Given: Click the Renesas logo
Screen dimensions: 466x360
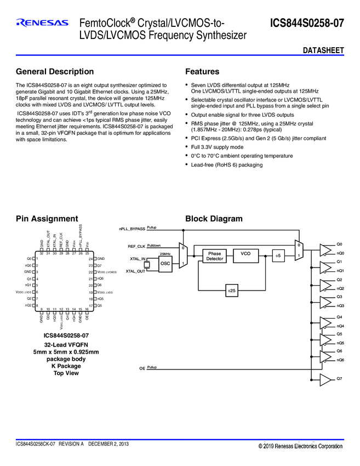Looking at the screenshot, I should pos(42,23).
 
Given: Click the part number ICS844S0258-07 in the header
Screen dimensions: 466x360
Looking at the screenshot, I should pos(307,23).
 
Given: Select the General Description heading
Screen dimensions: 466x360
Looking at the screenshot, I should pos(55,72).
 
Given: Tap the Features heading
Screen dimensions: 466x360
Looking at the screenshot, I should pos(202,72).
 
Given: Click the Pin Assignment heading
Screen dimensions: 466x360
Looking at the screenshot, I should pos(47,219).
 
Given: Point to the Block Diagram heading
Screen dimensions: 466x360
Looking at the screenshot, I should pos(214,219).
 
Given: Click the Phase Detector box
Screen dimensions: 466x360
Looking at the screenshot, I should pos(215,256).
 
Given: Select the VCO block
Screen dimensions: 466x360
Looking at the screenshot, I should pos(245,254).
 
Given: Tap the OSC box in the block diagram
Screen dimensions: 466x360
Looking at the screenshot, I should pos(165,264).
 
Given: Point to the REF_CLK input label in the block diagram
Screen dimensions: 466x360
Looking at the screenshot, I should pos(136,247).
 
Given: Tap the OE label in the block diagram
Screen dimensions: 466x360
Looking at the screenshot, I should pos(142,367).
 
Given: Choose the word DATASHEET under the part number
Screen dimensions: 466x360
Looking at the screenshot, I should pos(323,50).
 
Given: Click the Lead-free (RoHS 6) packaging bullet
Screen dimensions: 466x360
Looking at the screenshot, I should pos(227,164).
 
